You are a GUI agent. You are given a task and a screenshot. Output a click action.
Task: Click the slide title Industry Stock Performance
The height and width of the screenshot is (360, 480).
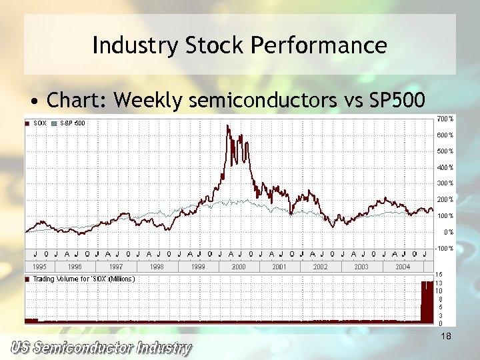pyautogui.click(x=239, y=45)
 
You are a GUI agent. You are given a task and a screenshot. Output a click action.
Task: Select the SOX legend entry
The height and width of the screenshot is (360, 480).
pyautogui.click(x=39, y=123)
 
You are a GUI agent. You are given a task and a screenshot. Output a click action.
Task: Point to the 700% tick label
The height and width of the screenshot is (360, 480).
pyautogui.click(x=445, y=119)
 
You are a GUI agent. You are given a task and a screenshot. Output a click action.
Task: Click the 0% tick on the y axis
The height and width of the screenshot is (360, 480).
pyautogui.click(x=449, y=232)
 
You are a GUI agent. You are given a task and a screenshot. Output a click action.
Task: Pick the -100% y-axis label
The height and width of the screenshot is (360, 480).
pyautogui.click(x=445, y=248)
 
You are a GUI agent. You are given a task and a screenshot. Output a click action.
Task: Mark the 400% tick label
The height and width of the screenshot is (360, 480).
pyautogui.click(x=445, y=167)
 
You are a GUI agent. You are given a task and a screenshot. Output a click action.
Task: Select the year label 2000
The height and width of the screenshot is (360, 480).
pyautogui.click(x=239, y=267)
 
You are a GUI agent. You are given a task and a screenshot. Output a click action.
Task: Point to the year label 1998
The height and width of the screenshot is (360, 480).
pyautogui.click(x=157, y=267)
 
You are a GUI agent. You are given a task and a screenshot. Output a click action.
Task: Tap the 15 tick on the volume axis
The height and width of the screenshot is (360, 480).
pyautogui.click(x=439, y=274)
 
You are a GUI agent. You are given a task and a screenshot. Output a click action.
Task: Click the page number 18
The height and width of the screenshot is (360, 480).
pyautogui.click(x=446, y=337)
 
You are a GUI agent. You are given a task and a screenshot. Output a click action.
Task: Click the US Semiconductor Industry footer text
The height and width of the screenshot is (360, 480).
pyautogui.click(x=100, y=348)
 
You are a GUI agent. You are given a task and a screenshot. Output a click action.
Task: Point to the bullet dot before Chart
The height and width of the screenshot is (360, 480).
pyautogui.click(x=33, y=101)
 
